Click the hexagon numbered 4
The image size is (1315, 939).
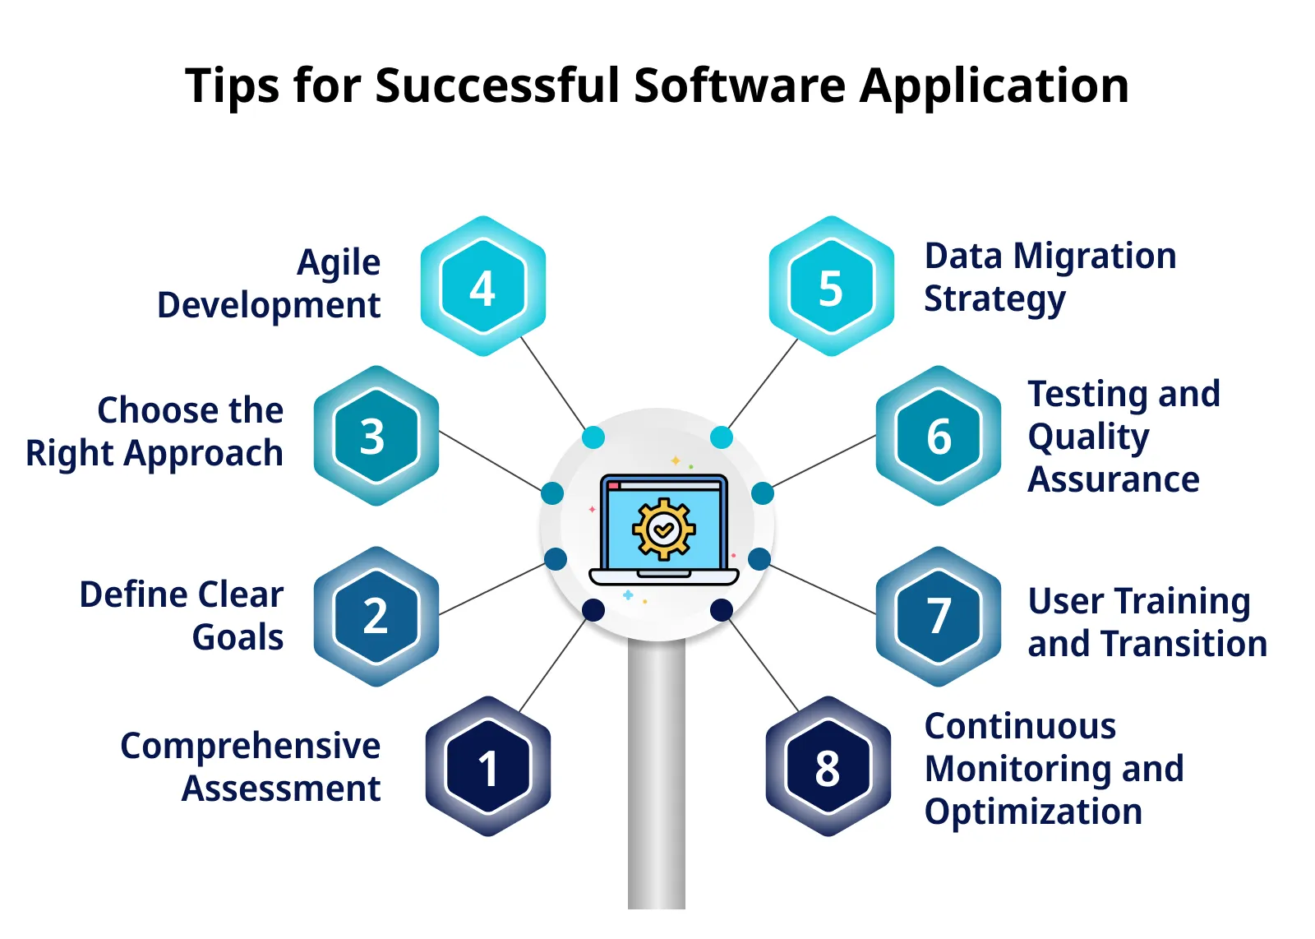point(483,287)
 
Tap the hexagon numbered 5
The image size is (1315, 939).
point(831,287)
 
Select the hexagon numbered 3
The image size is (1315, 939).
point(376,436)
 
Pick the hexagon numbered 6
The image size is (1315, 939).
point(939,436)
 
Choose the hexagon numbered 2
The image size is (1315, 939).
point(376,616)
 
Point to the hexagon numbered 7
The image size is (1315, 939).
point(939,616)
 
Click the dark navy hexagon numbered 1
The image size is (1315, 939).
point(487,767)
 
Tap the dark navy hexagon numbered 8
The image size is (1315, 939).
point(828,767)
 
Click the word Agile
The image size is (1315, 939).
point(339,263)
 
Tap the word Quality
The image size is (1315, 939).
point(1088,437)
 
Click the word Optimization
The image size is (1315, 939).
point(1033,812)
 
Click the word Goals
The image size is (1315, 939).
point(238,637)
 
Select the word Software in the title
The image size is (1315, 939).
point(740,86)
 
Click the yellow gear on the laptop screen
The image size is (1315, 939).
point(663,530)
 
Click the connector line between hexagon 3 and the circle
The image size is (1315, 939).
point(491,460)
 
